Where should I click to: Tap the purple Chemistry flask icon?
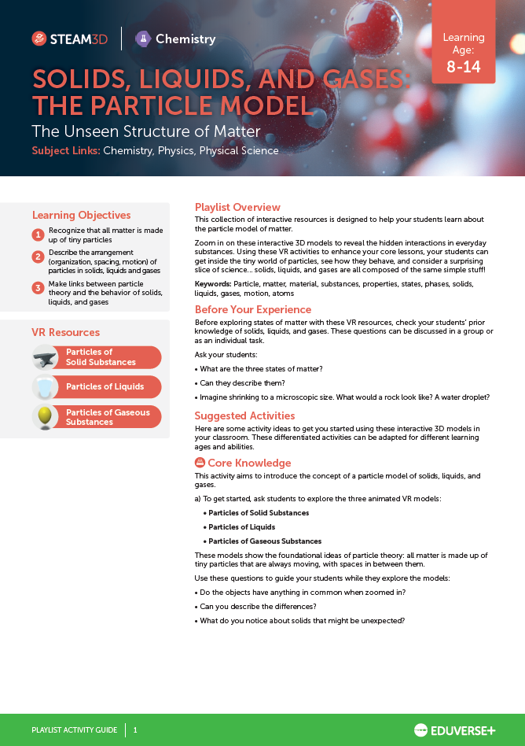[x=143, y=39]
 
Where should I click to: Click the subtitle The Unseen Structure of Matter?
[x=145, y=131]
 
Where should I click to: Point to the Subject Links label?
[x=65, y=150]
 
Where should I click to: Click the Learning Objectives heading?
[x=81, y=215]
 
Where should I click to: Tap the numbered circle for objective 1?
[x=38, y=235]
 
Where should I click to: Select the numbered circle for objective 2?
[x=38, y=257]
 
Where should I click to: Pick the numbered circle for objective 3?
[x=38, y=287]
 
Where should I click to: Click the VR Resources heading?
[x=65, y=332]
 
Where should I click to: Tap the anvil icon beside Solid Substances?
[x=45, y=357]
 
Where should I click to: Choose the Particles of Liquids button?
[x=105, y=386]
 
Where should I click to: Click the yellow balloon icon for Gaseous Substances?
[x=45, y=416]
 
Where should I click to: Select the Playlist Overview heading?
[x=237, y=207]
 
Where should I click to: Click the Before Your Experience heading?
[x=253, y=309]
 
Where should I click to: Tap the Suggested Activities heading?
[x=244, y=415]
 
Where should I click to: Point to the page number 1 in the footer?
[x=135, y=730]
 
